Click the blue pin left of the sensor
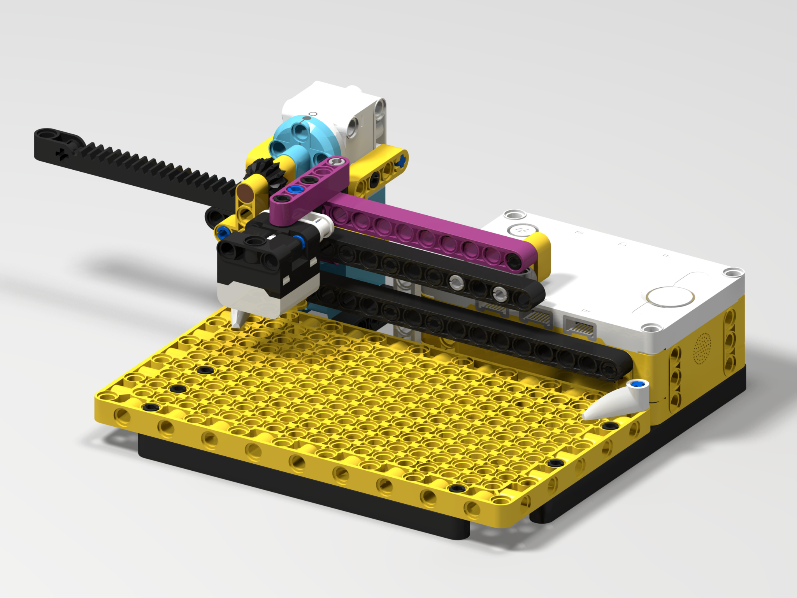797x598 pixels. coord(223,233)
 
